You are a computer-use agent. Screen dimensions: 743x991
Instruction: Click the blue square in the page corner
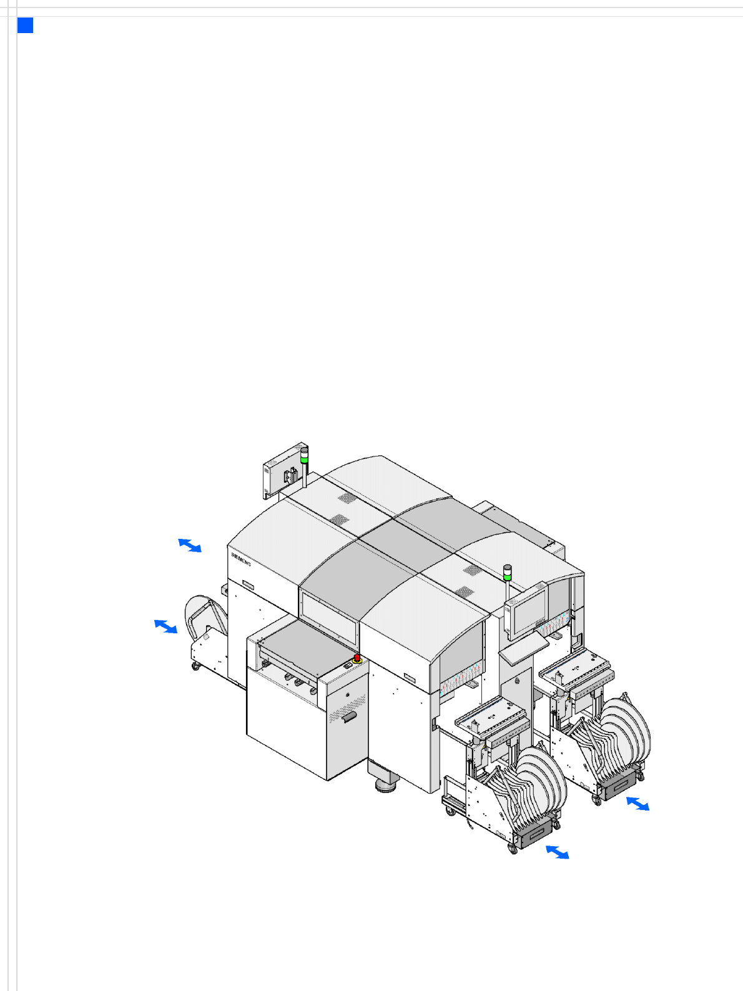(x=25, y=25)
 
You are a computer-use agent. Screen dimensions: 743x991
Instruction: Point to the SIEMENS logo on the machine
(x=240, y=559)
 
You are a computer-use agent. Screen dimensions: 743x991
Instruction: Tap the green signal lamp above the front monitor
(x=508, y=576)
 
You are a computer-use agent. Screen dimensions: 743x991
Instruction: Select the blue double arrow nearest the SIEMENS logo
(x=190, y=545)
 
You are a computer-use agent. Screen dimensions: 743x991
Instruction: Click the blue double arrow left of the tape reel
(x=165, y=626)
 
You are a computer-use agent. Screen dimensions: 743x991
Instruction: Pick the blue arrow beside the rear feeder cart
(x=638, y=803)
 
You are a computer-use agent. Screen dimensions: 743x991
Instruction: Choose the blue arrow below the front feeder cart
(x=558, y=852)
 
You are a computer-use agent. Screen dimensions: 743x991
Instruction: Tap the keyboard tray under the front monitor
(x=524, y=649)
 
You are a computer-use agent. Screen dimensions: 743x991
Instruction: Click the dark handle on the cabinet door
(x=349, y=717)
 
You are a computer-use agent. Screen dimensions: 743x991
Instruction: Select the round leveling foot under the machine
(x=386, y=785)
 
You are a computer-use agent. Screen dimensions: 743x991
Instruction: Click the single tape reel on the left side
(x=205, y=617)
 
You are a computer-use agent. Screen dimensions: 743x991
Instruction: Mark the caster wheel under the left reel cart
(x=195, y=666)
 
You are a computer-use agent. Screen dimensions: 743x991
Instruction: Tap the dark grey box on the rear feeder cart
(x=619, y=785)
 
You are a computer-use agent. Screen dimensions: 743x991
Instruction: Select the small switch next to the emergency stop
(x=348, y=664)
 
